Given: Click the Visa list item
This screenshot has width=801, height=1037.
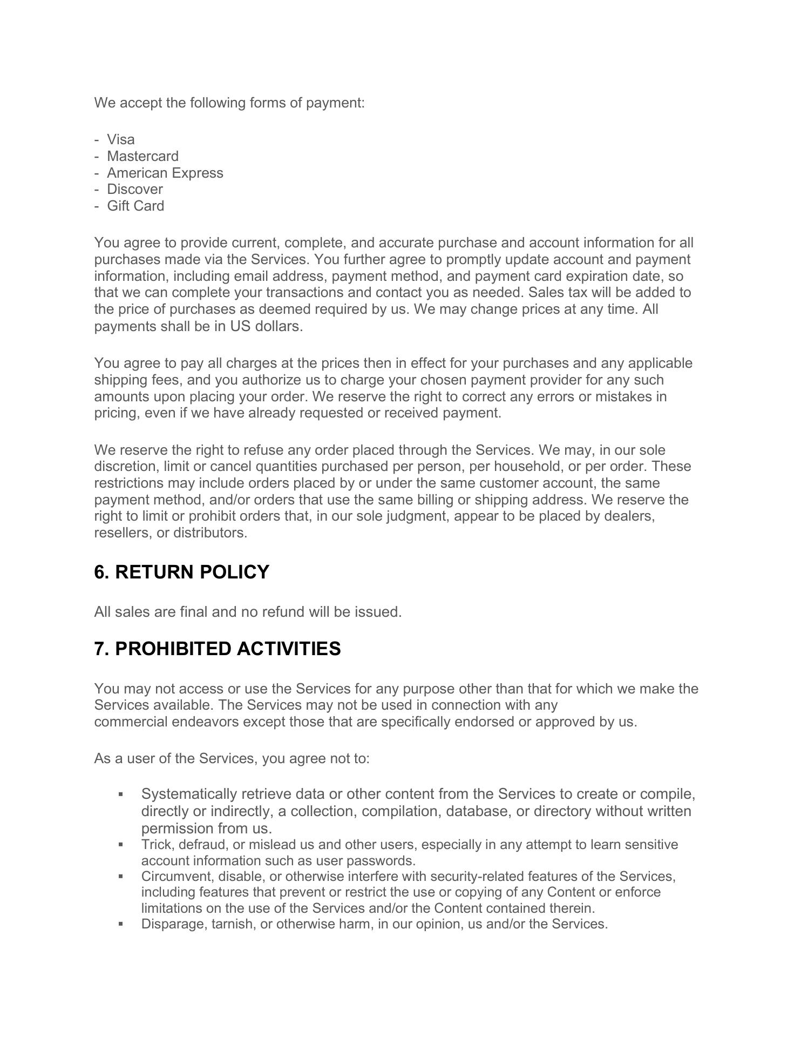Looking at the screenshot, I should (120, 139).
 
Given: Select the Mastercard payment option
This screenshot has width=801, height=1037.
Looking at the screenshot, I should (142, 156).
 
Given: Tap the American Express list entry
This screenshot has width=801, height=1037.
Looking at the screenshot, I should (165, 173).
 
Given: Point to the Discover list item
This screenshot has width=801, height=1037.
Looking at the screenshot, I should (134, 189).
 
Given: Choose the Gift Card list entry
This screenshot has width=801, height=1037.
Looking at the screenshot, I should (135, 206).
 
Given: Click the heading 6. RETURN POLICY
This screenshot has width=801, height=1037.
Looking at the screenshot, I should (181, 572).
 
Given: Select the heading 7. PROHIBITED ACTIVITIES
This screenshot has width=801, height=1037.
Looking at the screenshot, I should (217, 649).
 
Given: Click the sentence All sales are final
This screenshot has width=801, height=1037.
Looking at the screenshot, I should (248, 612).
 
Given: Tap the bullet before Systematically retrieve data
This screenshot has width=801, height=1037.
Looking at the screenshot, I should (120, 794).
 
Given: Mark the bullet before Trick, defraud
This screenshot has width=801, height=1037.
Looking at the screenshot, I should (120, 844).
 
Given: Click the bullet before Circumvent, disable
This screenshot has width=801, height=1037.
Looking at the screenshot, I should (120, 876).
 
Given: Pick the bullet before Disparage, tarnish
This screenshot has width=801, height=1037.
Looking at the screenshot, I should (120, 924).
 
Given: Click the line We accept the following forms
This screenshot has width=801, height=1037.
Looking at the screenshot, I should (229, 103).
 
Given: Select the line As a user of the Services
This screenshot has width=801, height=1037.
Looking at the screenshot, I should (232, 758).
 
